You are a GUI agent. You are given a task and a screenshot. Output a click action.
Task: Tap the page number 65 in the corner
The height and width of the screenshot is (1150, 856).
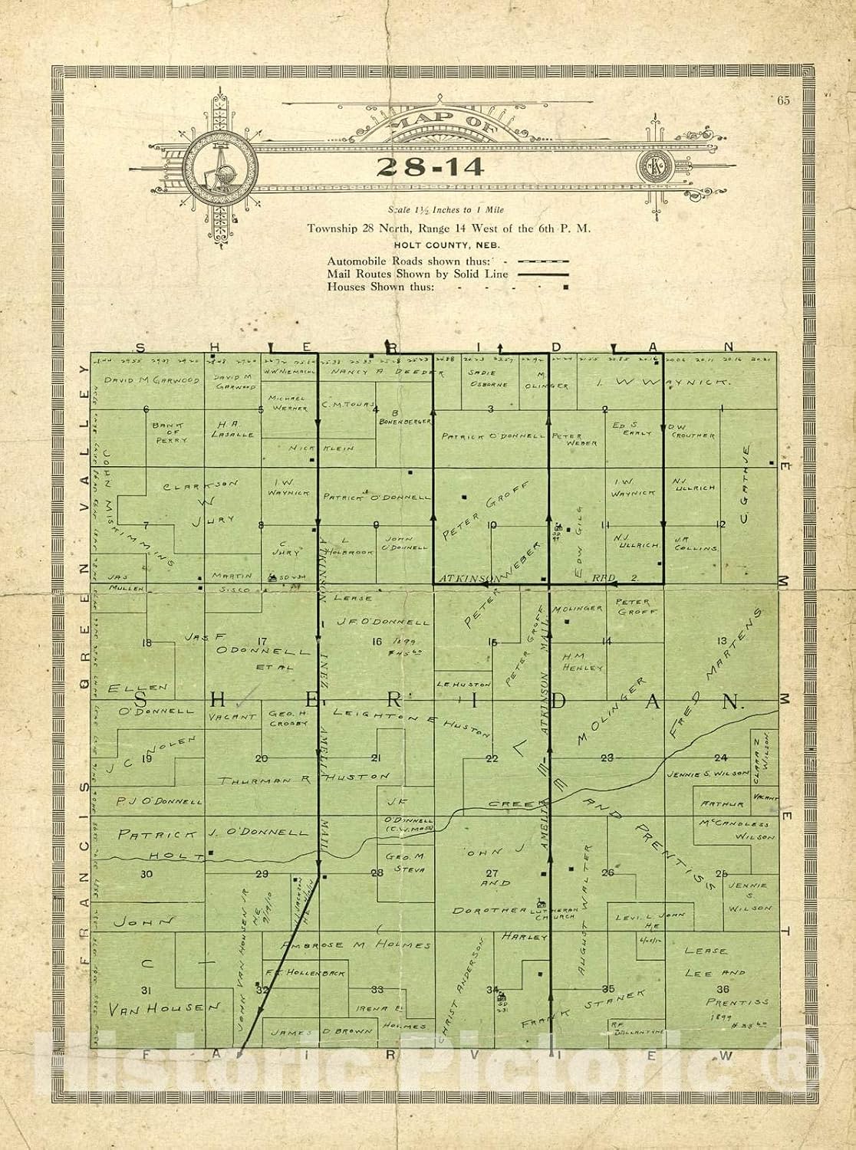point(783,100)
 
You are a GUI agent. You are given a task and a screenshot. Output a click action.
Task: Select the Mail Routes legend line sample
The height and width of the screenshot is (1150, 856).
point(542,274)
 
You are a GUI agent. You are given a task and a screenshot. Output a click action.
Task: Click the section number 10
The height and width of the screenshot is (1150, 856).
point(493,525)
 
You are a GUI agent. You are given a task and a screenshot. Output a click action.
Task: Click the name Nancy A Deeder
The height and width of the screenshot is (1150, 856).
point(387,372)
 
